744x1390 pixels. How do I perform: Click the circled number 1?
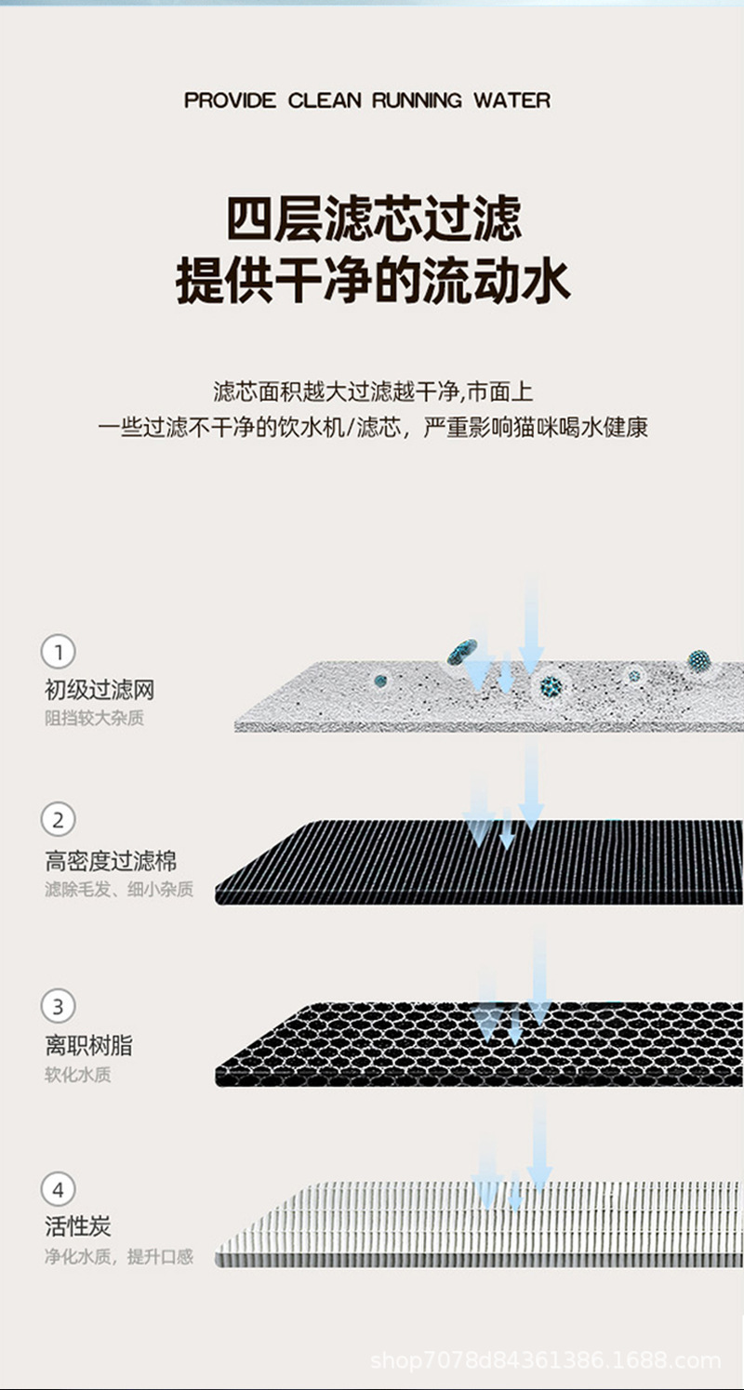pyautogui.click(x=59, y=652)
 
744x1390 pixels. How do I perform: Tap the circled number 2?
pyautogui.click(x=59, y=820)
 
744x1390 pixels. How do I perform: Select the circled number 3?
pyautogui.click(x=59, y=1006)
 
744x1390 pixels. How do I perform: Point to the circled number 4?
pyautogui.click(x=59, y=1190)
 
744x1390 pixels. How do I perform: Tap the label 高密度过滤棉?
pyautogui.click(x=111, y=861)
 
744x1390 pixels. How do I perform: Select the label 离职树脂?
pyautogui.click(x=88, y=1046)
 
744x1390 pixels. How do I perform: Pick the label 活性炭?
pyautogui.click(x=78, y=1226)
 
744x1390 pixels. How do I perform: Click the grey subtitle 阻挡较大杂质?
pyautogui.click(x=95, y=719)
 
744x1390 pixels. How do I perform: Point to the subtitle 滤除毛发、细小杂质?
pyautogui.click(x=119, y=890)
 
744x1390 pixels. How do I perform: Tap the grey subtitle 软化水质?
pyautogui.click(x=78, y=1075)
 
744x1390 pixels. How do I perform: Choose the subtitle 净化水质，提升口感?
pyautogui.click(x=119, y=1257)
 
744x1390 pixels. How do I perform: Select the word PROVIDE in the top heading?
pyautogui.click(x=230, y=100)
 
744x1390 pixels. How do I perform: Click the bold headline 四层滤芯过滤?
pyautogui.click(x=374, y=219)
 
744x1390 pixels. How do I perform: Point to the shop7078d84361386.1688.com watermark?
pyautogui.click(x=546, y=1361)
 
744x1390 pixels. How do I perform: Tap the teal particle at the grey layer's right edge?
pyautogui.click(x=698, y=661)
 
